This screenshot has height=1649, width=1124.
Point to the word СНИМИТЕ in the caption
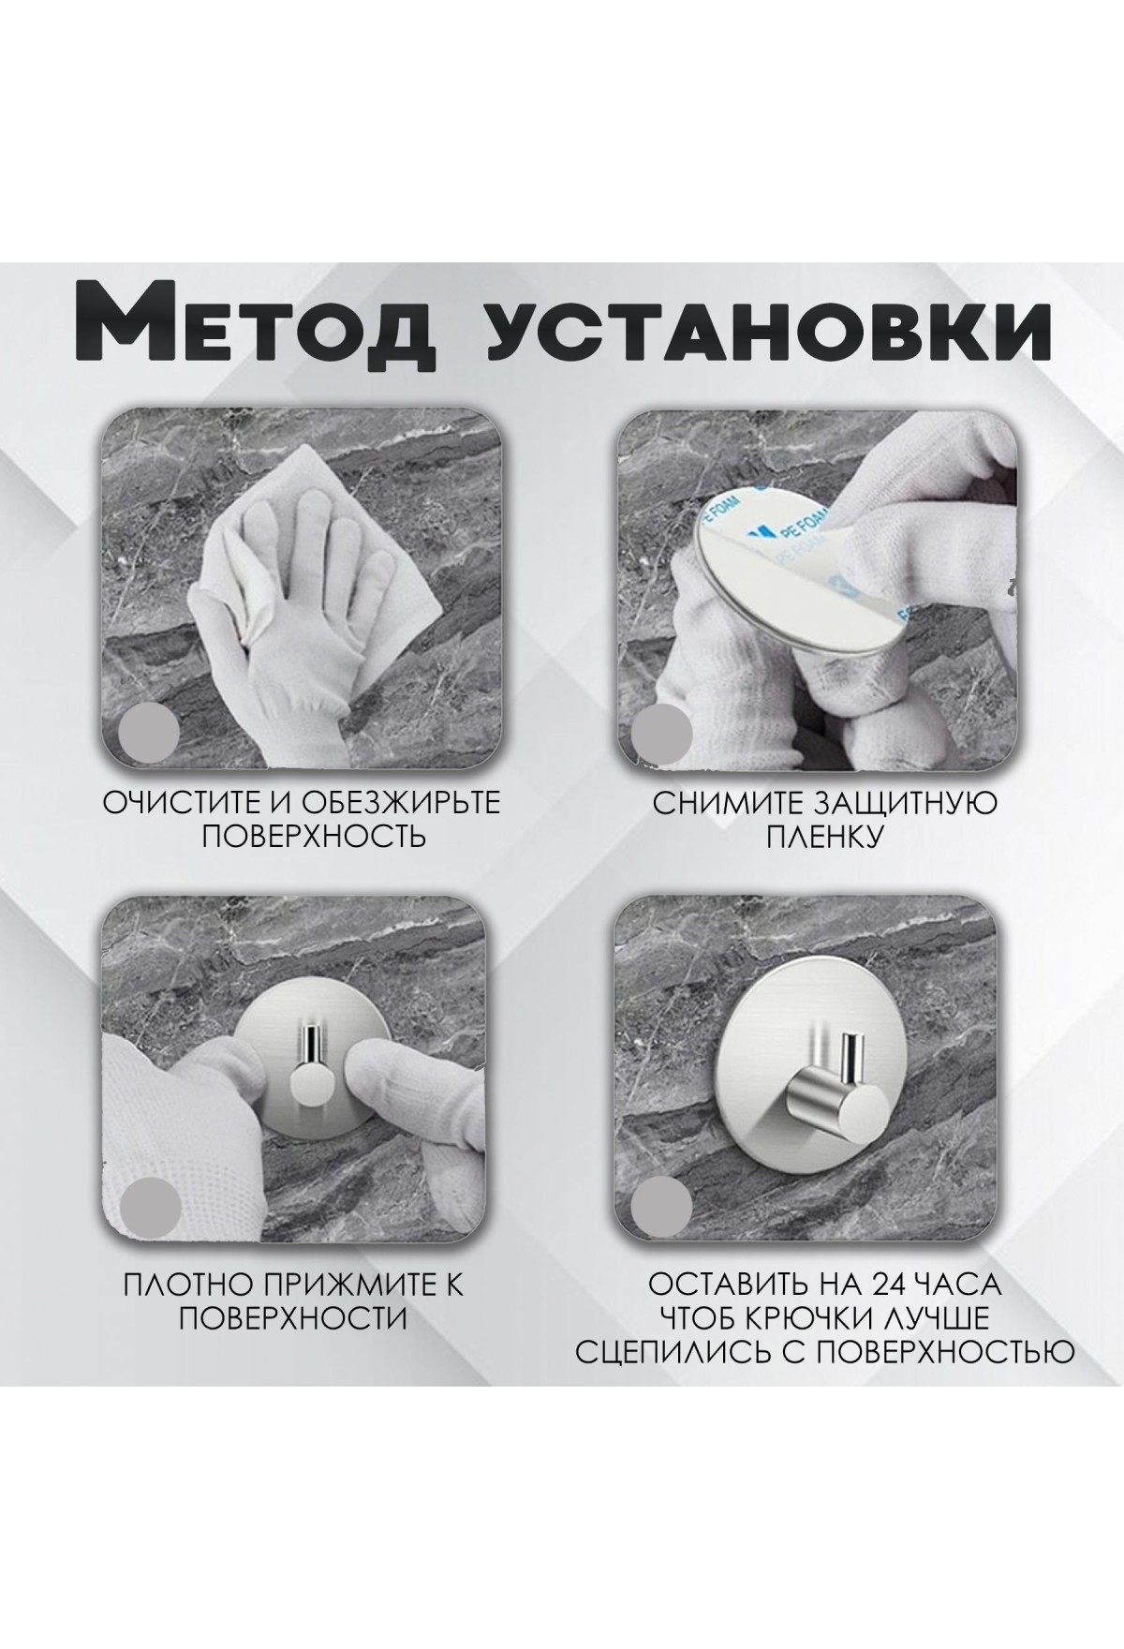point(720,804)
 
